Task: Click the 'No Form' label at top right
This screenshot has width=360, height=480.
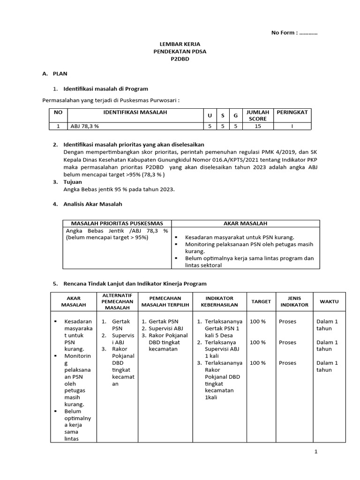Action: point(287,33)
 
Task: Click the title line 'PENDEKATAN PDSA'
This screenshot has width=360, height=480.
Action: point(180,52)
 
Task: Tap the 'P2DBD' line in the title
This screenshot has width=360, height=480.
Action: point(180,60)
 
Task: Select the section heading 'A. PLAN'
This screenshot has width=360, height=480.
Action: point(55,74)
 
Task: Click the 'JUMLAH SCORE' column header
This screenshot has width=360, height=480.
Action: point(257,115)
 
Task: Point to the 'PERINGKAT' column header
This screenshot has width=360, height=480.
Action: point(292,112)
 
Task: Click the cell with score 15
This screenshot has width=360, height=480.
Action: point(257,126)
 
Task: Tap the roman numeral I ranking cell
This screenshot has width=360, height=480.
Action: point(292,126)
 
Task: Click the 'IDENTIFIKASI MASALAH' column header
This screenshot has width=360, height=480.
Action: point(135,112)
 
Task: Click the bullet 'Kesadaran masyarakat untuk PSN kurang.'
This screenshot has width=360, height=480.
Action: point(240,238)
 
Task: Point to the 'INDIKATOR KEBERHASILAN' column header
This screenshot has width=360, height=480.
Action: point(217,301)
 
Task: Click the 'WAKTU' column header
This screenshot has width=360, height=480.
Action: point(330,301)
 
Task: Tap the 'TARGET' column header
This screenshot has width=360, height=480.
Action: point(261,301)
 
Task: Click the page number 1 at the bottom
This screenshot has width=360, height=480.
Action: point(316,451)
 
